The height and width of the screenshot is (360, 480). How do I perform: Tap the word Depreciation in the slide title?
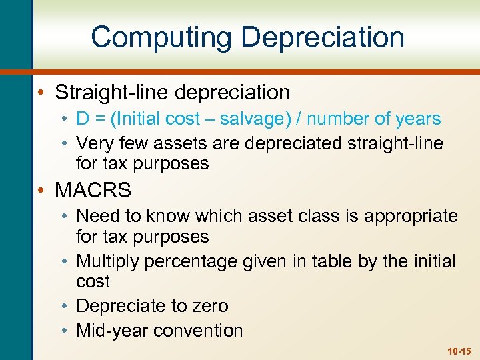323,37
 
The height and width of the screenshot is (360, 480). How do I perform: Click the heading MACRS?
93,191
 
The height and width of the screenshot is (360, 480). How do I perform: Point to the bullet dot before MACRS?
43,191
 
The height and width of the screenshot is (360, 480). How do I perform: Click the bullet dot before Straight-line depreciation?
43,92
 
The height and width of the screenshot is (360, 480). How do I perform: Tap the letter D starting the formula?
83,119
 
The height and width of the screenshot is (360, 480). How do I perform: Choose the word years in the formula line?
417,119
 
